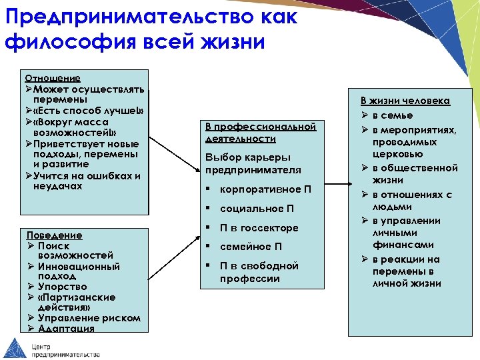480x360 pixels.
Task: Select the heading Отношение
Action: coord(53,78)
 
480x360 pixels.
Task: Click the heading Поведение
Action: coord(54,235)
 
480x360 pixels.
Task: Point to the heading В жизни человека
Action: coord(405,101)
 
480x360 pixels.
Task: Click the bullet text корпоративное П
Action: coord(265,189)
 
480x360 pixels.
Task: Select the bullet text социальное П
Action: coord(257,209)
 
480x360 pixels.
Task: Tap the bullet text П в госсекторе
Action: coord(259,228)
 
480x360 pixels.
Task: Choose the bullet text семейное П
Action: coord(251,247)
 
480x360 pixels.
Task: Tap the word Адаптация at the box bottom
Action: coord(66,328)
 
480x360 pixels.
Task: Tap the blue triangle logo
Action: coord(14,347)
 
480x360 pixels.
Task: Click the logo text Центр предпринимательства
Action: coord(64,351)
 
